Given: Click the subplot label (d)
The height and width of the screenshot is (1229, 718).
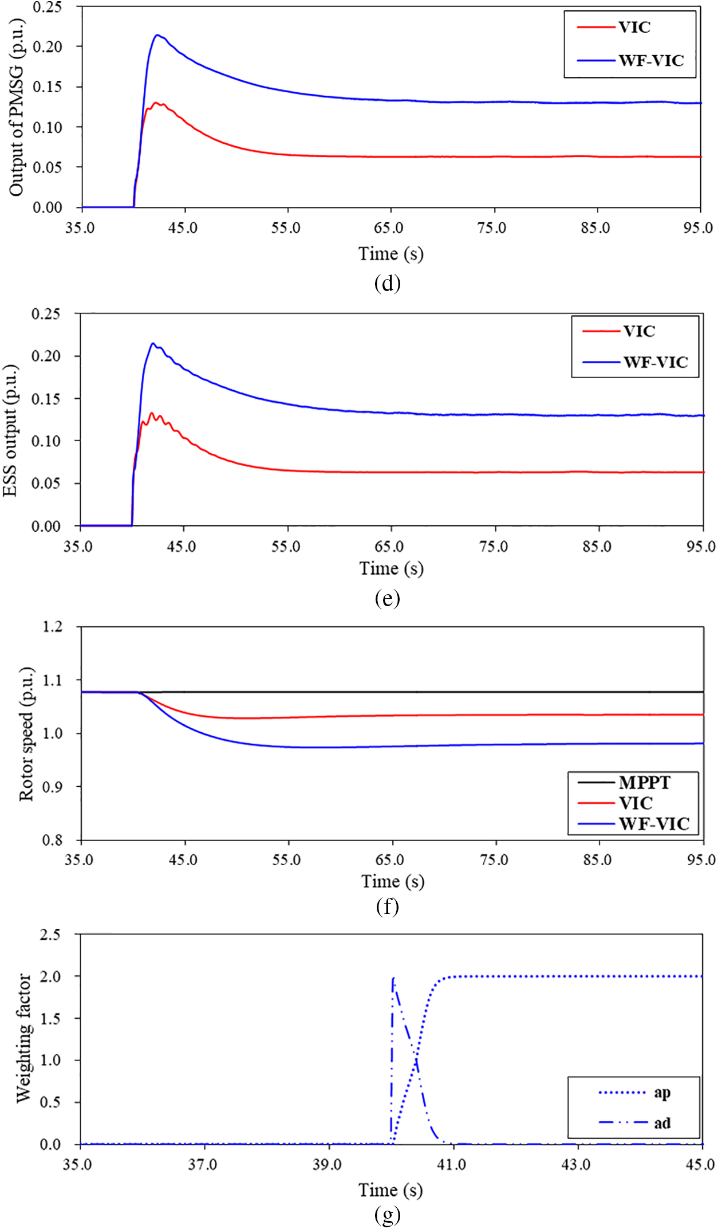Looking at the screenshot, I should coord(387,283).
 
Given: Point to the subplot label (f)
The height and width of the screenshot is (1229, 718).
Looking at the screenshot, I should coord(387,906).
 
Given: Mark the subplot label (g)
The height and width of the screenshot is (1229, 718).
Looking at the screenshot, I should coord(387,1214).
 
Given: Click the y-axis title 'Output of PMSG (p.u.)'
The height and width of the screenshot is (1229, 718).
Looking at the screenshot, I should coord(16,107).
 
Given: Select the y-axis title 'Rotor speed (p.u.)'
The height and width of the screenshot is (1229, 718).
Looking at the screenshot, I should coord(26,734).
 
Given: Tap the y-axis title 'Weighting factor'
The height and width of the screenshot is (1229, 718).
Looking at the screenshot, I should coord(23,1038).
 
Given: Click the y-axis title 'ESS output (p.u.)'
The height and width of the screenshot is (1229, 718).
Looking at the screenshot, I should coord(10,430).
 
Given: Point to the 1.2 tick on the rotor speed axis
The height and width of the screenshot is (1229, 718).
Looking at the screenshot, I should coord(53,626).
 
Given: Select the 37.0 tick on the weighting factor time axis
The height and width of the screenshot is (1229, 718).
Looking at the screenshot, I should coord(203,1165).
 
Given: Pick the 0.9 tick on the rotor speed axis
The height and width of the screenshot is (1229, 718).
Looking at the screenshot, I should coord(53,787).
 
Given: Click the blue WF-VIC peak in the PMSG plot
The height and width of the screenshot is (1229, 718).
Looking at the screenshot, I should coord(157,35).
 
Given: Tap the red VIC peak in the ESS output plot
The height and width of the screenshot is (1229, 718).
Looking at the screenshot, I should coord(152,413).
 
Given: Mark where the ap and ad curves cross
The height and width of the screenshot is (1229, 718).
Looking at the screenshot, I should coord(416,1056).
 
